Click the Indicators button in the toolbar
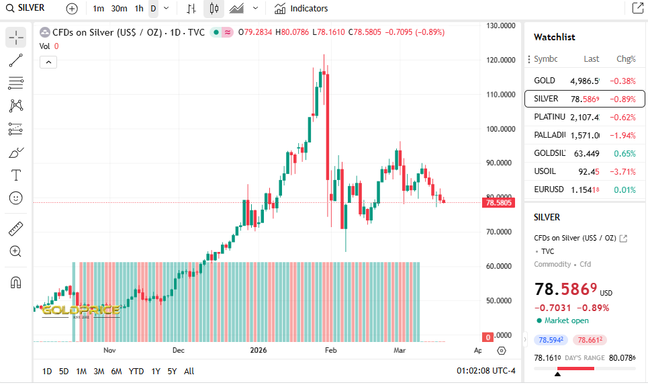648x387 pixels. click(302, 9)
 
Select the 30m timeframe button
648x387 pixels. click(119, 9)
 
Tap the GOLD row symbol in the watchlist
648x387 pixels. click(545, 81)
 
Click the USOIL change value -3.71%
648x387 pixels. click(622, 172)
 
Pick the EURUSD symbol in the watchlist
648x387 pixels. click(549, 190)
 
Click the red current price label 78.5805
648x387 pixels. click(498, 202)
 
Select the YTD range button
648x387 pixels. click(136, 372)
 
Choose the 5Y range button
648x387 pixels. click(172, 372)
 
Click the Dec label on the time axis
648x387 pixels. click(178, 350)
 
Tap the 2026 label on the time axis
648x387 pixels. click(258, 350)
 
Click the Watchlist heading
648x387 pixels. click(554, 37)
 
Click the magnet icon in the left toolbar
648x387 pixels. click(16, 283)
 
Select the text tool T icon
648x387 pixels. click(16, 175)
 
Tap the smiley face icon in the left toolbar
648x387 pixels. click(16, 198)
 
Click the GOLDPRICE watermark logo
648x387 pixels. click(81, 310)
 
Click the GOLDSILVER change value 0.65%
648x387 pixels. click(624, 154)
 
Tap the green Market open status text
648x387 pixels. click(566, 320)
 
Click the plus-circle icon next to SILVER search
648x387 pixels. click(72, 9)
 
